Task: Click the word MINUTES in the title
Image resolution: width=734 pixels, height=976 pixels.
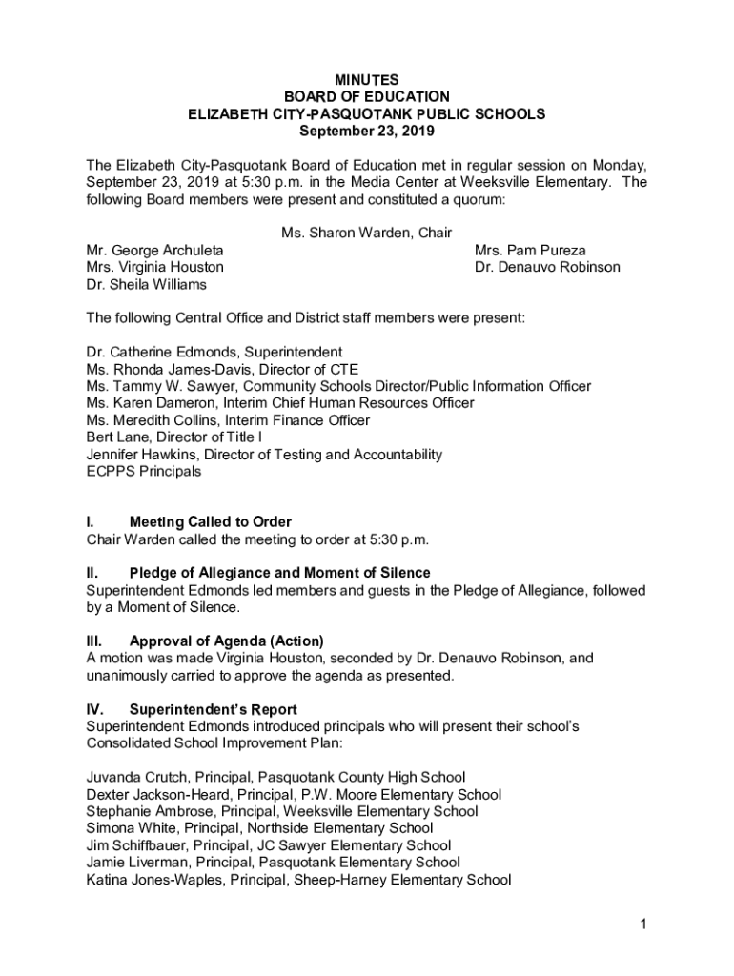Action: click(366, 80)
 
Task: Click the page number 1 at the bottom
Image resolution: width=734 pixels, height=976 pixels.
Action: click(644, 924)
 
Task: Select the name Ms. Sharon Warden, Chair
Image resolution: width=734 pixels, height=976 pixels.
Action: click(366, 233)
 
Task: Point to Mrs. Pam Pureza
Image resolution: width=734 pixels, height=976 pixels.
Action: click(530, 250)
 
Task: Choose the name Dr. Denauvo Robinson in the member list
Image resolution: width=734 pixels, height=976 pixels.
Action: click(547, 267)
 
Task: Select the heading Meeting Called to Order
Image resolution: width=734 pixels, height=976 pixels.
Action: click(210, 521)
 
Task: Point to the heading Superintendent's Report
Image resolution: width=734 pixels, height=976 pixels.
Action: click(213, 709)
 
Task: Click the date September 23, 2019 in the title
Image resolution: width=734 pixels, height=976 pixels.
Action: click(366, 131)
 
